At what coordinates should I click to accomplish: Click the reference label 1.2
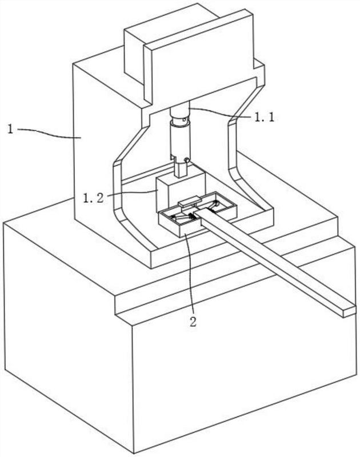93,198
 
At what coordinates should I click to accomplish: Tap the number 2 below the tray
193,321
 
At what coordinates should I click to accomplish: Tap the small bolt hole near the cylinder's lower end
186,159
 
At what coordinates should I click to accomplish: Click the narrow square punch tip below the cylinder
181,169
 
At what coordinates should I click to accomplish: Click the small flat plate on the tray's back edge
189,202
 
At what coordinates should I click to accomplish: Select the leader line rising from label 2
189,274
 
